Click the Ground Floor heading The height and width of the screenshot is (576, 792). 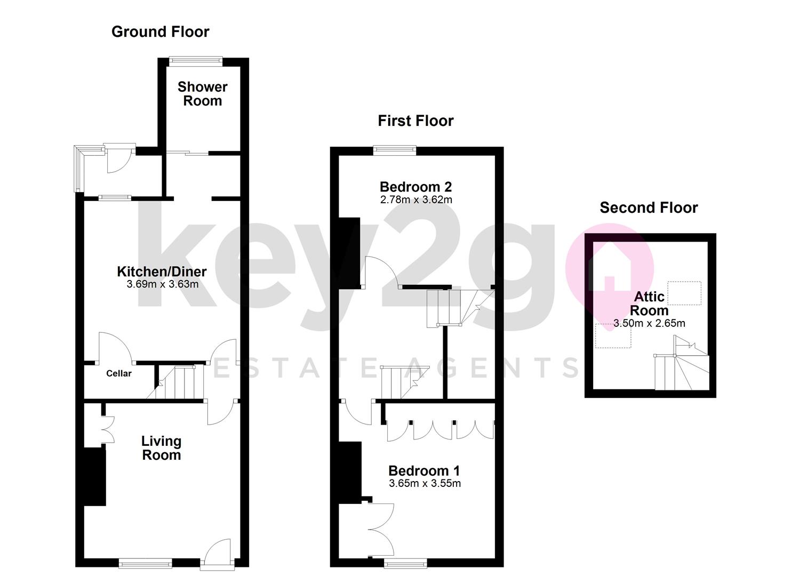[x=160, y=32]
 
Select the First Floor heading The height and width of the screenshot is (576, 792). [x=415, y=121]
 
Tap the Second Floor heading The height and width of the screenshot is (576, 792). [x=649, y=208]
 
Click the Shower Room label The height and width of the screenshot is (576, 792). [x=202, y=94]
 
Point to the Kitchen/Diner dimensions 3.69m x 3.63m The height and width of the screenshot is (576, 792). [x=162, y=284]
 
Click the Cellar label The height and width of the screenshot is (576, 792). [x=118, y=373]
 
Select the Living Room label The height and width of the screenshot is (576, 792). [x=161, y=448]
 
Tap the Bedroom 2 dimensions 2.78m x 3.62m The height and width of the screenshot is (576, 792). [x=415, y=200]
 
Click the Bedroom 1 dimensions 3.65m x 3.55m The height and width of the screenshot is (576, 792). [x=425, y=484]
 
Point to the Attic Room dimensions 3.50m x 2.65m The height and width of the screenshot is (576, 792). [x=649, y=323]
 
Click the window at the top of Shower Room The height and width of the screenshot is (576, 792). [x=194, y=60]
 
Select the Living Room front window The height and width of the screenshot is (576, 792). [x=145, y=562]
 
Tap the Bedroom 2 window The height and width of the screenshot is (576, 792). [x=394, y=150]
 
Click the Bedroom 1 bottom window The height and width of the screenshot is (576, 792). [x=405, y=562]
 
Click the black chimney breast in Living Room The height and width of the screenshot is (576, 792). [x=95, y=476]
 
